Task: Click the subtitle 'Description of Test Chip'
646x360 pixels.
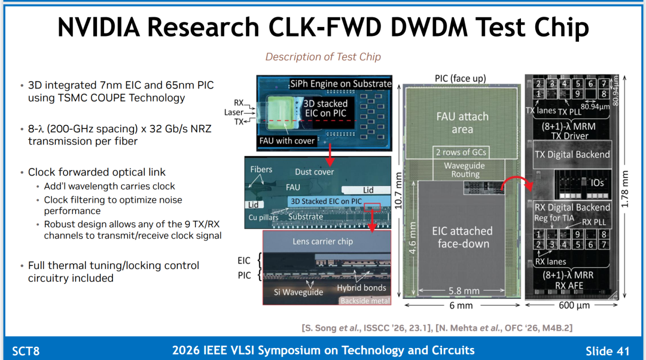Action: tap(323, 57)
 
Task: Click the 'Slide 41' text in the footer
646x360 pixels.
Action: tap(608, 351)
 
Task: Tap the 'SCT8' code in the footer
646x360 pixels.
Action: tap(26, 351)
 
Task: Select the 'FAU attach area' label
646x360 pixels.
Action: tap(462, 123)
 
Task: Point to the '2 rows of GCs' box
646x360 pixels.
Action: tap(461, 152)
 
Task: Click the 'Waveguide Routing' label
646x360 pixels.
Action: tap(465, 170)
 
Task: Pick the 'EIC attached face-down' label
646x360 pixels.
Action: tap(462, 237)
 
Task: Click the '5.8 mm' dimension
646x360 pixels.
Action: tap(464, 291)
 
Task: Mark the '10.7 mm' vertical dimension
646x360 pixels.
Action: tap(398, 191)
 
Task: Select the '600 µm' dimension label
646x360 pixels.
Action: tap(574, 305)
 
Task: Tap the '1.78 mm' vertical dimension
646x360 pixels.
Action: tap(625, 189)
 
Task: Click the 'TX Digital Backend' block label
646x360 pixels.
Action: tap(572, 154)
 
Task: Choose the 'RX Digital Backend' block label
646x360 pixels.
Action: tap(572, 207)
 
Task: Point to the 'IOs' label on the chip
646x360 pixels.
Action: tap(598, 182)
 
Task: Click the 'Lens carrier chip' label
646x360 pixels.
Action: tap(322, 242)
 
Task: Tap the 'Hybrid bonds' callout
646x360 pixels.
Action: tap(361, 288)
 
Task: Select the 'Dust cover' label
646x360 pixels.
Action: tap(315, 172)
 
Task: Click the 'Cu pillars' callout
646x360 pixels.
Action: tap(263, 217)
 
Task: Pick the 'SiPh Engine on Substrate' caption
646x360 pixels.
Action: tap(341, 84)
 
